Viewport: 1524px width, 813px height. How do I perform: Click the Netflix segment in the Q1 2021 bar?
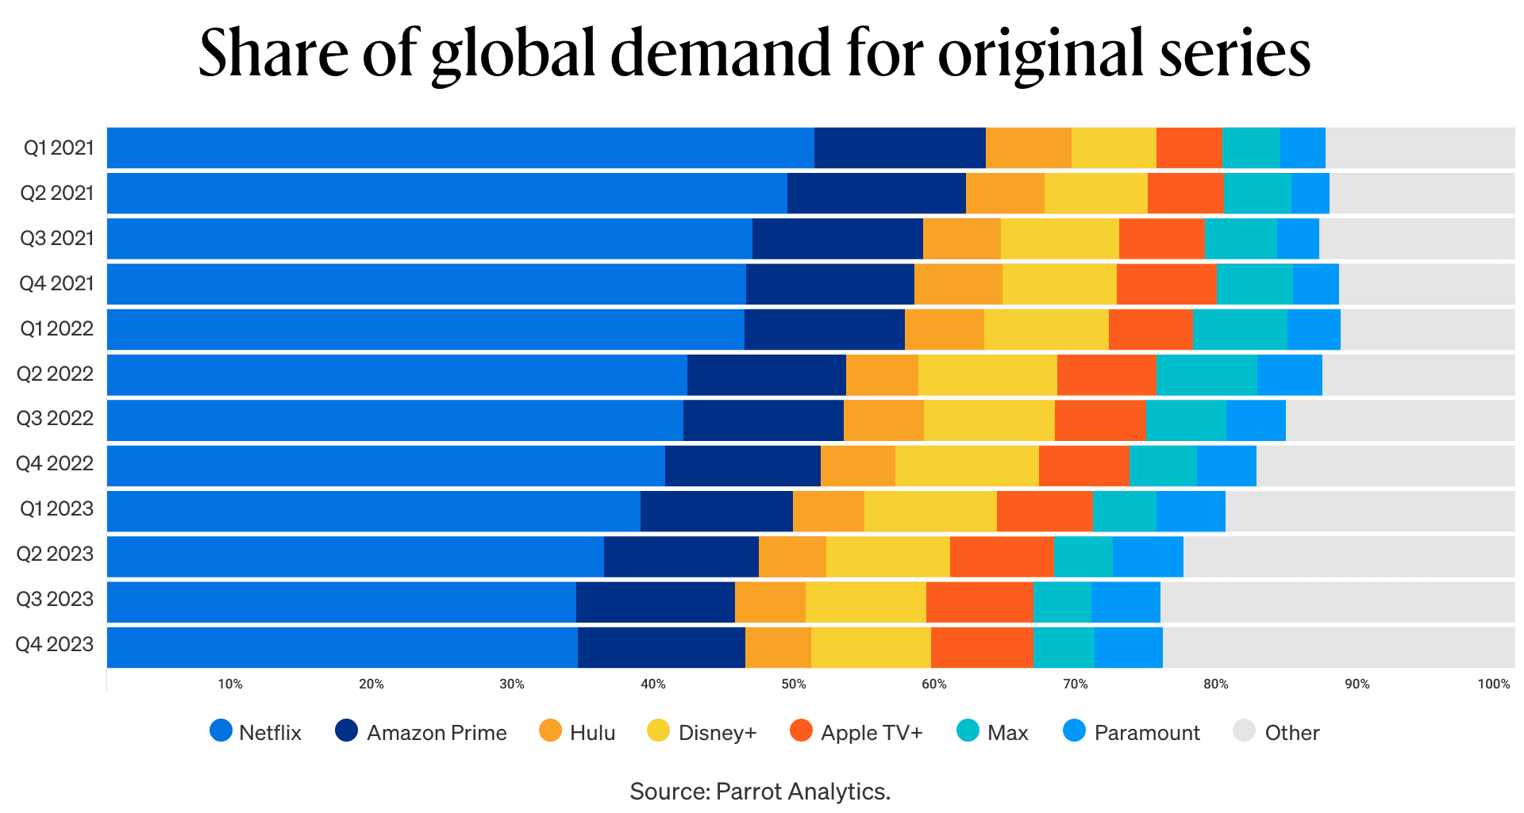(460, 148)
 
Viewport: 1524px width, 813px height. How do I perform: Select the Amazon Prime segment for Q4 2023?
(661, 647)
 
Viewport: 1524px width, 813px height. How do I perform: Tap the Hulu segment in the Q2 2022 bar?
(882, 374)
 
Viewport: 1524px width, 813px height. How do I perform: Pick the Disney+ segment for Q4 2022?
(967, 466)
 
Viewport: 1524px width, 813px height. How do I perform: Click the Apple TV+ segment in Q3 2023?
(979, 602)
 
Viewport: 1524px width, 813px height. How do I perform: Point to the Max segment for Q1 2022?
(1240, 329)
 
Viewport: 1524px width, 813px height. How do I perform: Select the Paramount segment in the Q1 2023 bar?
(1191, 511)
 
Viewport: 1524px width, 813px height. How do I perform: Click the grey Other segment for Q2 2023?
(1349, 556)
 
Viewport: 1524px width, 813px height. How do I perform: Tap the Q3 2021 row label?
(57, 238)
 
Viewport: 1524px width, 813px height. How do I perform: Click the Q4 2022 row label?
(55, 463)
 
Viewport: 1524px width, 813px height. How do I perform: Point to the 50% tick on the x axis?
(794, 684)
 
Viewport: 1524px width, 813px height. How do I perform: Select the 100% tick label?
(1493, 684)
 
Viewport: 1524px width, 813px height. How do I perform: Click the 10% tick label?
(230, 684)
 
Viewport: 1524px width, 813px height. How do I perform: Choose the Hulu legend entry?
(577, 732)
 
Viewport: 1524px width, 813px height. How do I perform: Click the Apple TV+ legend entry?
(857, 732)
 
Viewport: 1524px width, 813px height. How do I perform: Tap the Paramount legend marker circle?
(1074, 731)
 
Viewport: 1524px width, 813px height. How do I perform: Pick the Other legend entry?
(1277, 732)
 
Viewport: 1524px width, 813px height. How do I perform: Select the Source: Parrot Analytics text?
(760, 791)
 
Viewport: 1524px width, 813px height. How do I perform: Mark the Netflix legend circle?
(221, 731)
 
